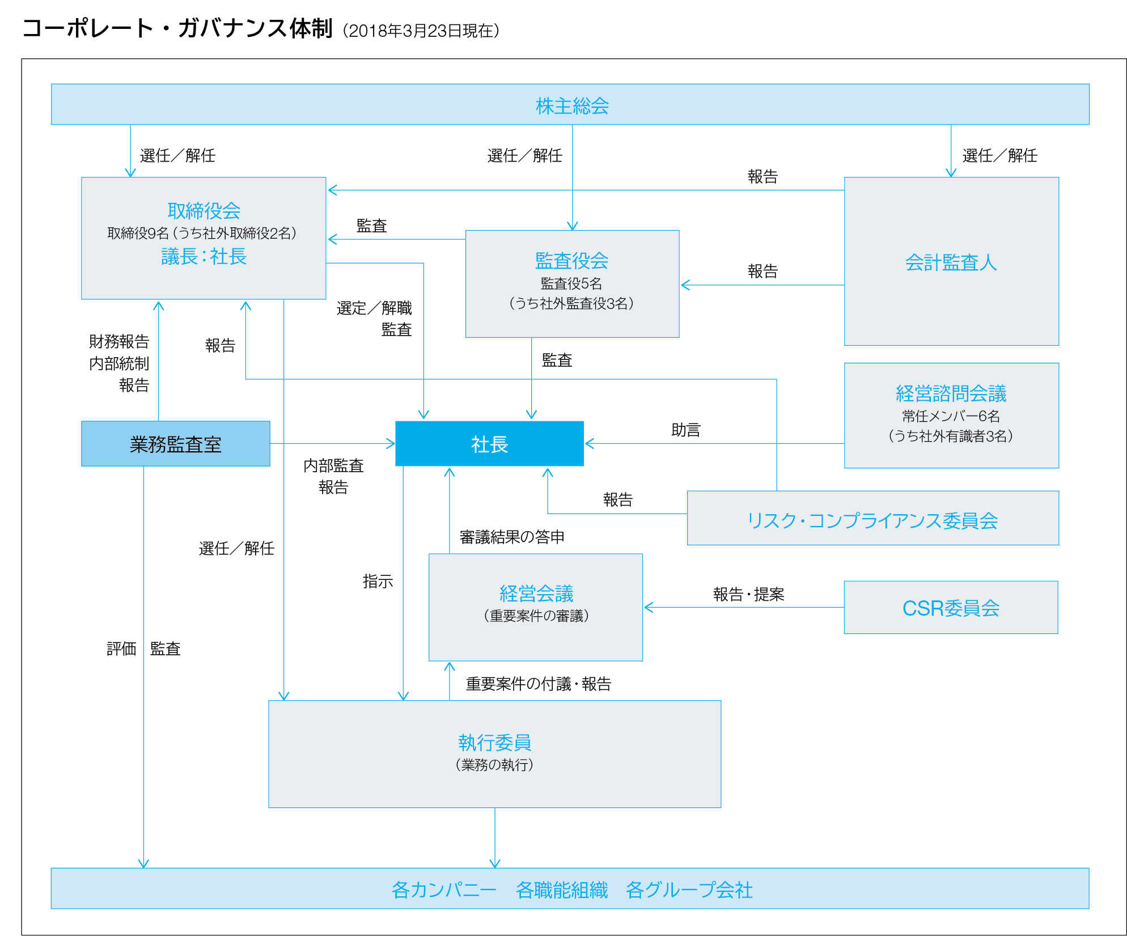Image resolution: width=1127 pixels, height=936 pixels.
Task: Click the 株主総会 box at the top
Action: click(570, 104)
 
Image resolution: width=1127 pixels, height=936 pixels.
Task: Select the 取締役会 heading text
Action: click(204, 211)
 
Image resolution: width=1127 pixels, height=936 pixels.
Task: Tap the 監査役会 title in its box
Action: click(571, 261)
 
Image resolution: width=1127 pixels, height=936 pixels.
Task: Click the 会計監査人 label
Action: click(951, 262)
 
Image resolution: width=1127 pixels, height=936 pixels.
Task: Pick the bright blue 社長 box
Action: click(489, 444)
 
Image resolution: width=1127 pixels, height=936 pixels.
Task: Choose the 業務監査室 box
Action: click(176, 444)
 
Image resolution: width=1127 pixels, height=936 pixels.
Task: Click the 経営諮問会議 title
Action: click(951, 393)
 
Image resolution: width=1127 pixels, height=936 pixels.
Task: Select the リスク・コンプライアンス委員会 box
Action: click(872, 518)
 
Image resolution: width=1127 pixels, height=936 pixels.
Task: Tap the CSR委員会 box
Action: click(951, 607)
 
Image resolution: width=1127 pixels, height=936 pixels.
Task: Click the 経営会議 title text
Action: click(536, 594)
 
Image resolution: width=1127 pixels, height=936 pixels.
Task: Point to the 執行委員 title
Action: click(494, 742)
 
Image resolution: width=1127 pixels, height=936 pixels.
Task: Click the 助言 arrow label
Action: click(686, 430)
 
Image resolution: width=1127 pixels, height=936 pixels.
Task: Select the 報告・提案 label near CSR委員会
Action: click(748, 594)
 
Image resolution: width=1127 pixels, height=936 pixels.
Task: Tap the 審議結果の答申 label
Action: click(512, 537)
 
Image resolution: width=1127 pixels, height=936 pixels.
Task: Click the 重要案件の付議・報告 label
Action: click(538, 684)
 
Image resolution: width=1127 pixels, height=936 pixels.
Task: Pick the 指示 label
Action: click(378, 581)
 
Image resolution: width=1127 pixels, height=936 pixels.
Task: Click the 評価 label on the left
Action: click(121, 649)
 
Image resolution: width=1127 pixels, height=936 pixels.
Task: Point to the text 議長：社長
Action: click(204, 256)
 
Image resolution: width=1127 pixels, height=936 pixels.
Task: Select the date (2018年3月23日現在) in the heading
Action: click(421, 31)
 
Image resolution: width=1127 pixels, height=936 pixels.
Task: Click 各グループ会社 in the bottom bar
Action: click(689, 890)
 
